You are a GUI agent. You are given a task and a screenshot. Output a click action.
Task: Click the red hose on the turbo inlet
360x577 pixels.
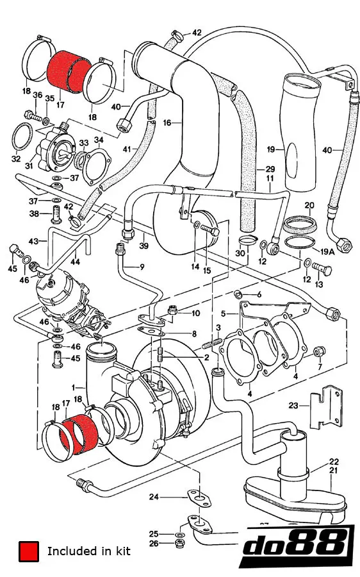click(x=80, y=428)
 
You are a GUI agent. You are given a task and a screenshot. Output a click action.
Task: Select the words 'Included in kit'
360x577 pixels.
click(x=88, y=551)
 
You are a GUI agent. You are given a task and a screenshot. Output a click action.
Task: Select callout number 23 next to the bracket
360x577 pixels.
click(x=294, y=405)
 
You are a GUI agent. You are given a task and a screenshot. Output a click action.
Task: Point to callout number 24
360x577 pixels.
click(x=154, y=496)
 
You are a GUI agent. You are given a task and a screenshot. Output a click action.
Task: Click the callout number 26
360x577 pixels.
click(x=154, y=544)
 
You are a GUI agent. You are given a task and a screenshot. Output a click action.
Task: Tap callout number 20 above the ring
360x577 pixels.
click(x=309, y=205)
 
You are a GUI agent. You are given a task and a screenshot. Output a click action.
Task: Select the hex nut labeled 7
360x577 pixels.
click(x=322, y=350)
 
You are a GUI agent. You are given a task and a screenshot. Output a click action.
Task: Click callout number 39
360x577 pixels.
click(x=145, y=246)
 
